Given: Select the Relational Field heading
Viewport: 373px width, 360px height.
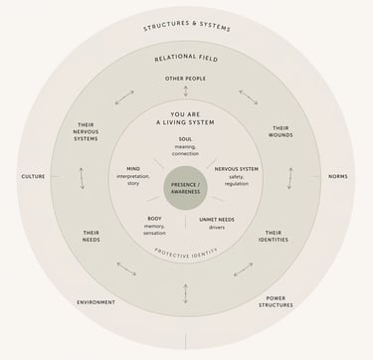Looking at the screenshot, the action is click(x=186, y=59).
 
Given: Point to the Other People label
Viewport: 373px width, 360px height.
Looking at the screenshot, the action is click(x=186, y=78).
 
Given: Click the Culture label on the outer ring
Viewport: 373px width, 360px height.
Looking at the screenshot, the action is click(x=33, y=176).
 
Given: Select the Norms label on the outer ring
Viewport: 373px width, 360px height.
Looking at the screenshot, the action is click(x=337, y=176).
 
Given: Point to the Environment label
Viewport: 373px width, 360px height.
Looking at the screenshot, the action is click(x=95, y=301).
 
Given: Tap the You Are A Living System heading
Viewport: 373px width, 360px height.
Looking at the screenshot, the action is click(x=186, y=117).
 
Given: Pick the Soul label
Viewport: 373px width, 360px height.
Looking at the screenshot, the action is click(x=186, y=139).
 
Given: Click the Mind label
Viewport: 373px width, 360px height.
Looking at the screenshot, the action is click(x=133, y=168).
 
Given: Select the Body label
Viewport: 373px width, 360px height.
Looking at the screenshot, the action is click(x=154, y=218).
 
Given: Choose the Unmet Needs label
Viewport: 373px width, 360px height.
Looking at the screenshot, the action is click(x=216, y=218).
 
